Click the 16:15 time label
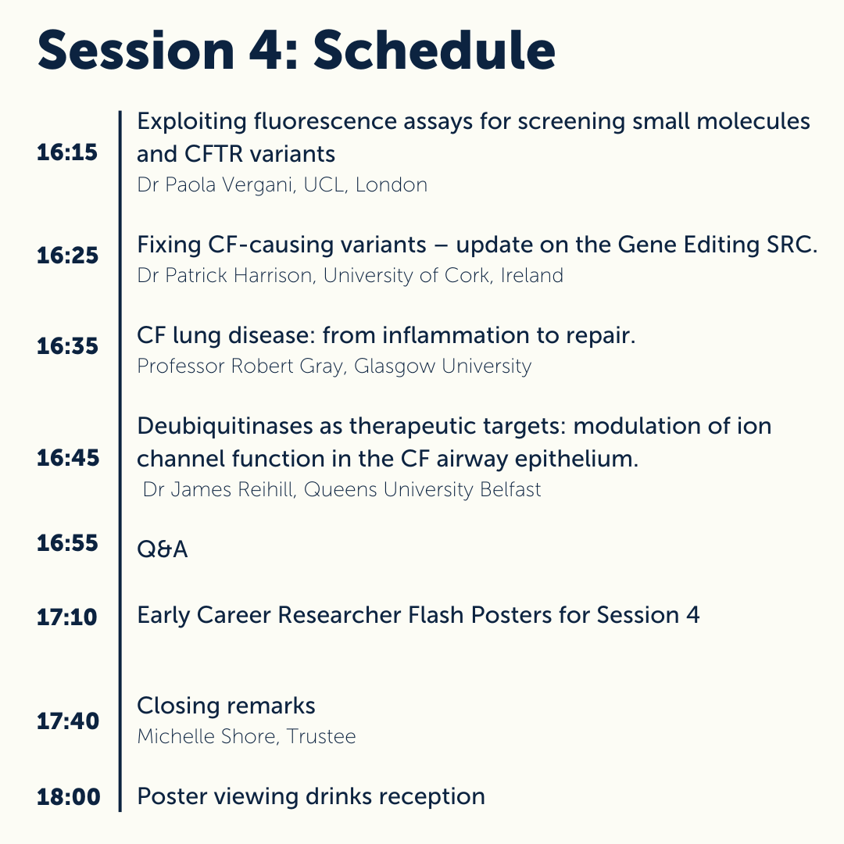click(67, 152)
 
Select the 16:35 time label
click(67, 346)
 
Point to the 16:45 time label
click(67, 459)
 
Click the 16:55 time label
click(67, 543)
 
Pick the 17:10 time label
click(67, 617)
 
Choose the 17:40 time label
click(67, 721)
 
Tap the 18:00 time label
click(69, 798)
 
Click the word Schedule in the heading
click(435, 52)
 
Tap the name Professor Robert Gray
click(241, 366)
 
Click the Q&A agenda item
click(163, 549)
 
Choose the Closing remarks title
click(226, 706)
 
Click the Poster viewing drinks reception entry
click(310, 796)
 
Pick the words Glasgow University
click(442, 366)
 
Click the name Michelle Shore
click(204, 736)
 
